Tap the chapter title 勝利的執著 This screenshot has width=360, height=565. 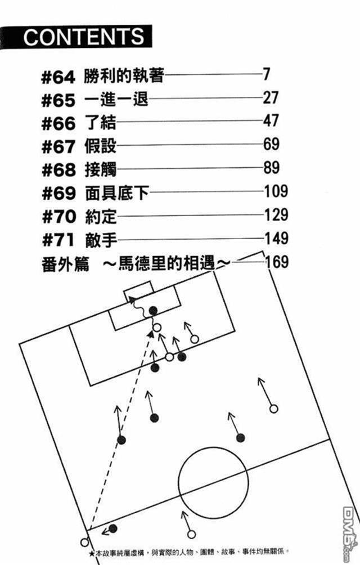[x=124, y=75]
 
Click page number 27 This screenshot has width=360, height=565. [x=271, y=98]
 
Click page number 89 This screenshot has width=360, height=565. [x=271, y=168]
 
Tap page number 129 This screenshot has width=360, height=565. [x=276, y=215]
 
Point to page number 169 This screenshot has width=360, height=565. [x=276, y=262]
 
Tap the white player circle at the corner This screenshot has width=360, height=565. [x=85, y=542]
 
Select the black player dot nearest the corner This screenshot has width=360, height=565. [x=113, y=528]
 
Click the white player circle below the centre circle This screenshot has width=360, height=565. [x=191, y=535]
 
